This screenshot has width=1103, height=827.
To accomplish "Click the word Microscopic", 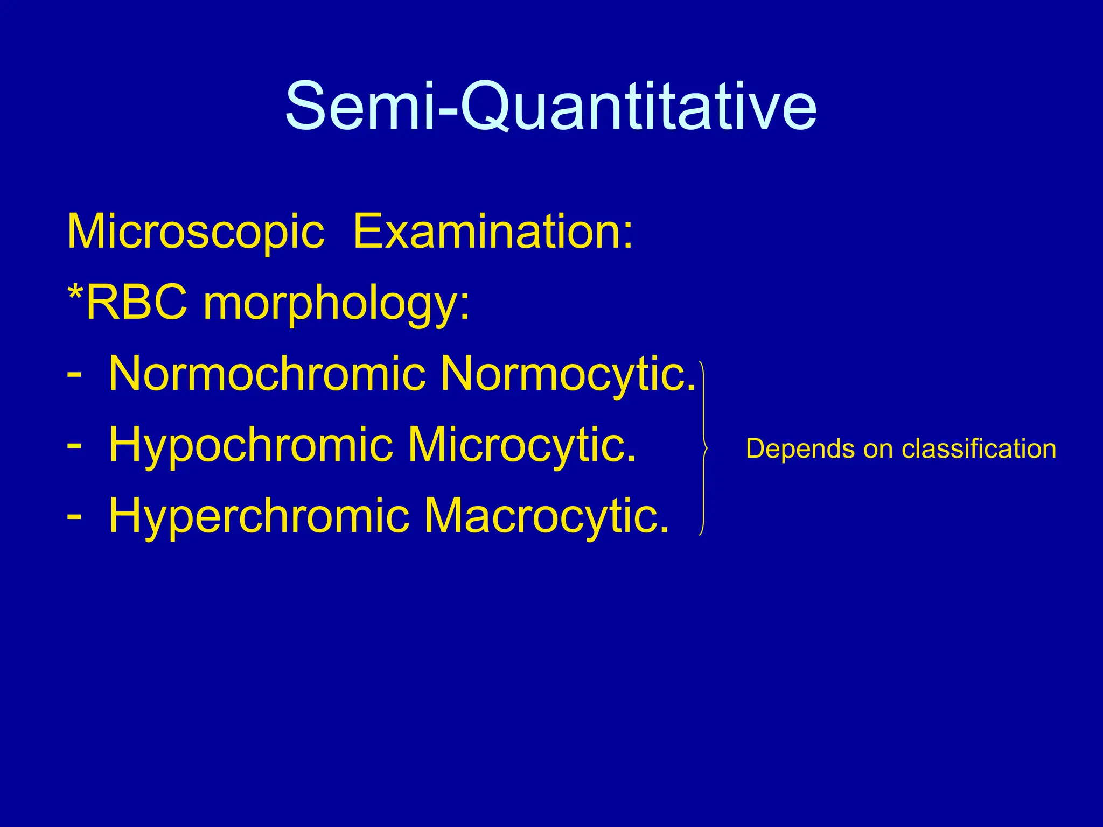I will click(x=196, y=232).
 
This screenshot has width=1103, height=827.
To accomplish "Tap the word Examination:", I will click(x=493, y=232).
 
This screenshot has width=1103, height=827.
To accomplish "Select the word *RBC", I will click(x=128, y=303).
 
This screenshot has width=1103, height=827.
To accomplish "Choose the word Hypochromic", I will click(x=250, y=446).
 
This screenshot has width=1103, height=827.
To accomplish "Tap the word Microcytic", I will click(x=521, y=445).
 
